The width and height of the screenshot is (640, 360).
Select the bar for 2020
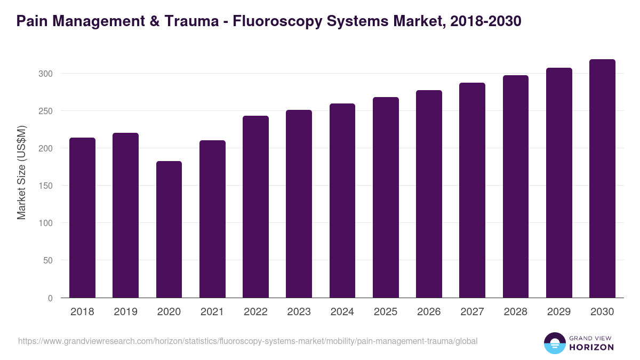point(169,229)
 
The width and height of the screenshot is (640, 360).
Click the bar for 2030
point(602,179)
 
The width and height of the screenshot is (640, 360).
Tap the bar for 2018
point(82,218)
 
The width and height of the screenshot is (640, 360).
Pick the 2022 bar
point(255,207)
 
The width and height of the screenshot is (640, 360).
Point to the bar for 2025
point(386,197)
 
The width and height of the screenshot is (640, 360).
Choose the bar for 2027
point(472,190)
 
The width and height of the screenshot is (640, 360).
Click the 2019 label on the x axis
point(125,312)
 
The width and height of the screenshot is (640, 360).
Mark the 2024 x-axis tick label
point(342,312)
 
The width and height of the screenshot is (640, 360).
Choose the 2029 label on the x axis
point(559,312)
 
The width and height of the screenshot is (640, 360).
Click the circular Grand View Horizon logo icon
point(554,343)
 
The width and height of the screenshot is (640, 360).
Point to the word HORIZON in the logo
point(591,347)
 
